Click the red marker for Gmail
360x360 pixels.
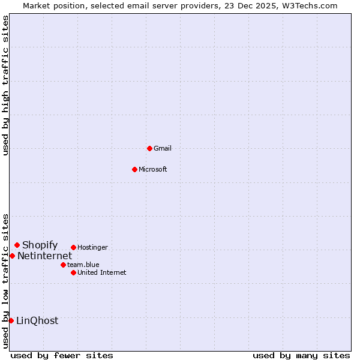pyautogui.click(x=149, y=148)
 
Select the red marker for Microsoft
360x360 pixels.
pyautogui.click(x=134, y=169)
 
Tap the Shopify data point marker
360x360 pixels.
pyautogui.click(x=17, y=245)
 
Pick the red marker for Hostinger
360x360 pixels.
pyautogui.click(x=73, y=247)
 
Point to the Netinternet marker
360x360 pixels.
pyautogui.click(x=12, y=256)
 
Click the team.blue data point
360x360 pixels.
pyautogui.click(x=63, y=265)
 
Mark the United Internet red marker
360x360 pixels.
pyautogui.click(x=73, y=272)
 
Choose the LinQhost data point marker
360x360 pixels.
pyautogui.click(x=11, y=320)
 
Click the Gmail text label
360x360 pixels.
pyautogui.click(x=163, y=148)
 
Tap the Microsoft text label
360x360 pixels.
pyautogui.click(x=153, y=169)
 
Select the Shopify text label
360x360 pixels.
pyautogui.click(x=40, y=245)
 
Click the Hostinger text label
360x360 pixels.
pyautogui.click(x=92, y=247)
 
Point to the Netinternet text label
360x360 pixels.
pyautogui.click(x=44, y=256)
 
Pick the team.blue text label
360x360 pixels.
pyautogui.click(x=83, y=265)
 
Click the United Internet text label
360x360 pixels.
pyautogui.click(x=102, y=272)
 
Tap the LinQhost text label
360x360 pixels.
pyautogui.click(x=37, y=320)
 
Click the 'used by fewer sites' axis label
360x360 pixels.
pyautogui.click(x=62, y=355)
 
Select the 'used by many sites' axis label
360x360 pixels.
pyautogui.click(x=301, y=355)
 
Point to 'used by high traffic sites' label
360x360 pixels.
pyautogui.click(x=6, y=85)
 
